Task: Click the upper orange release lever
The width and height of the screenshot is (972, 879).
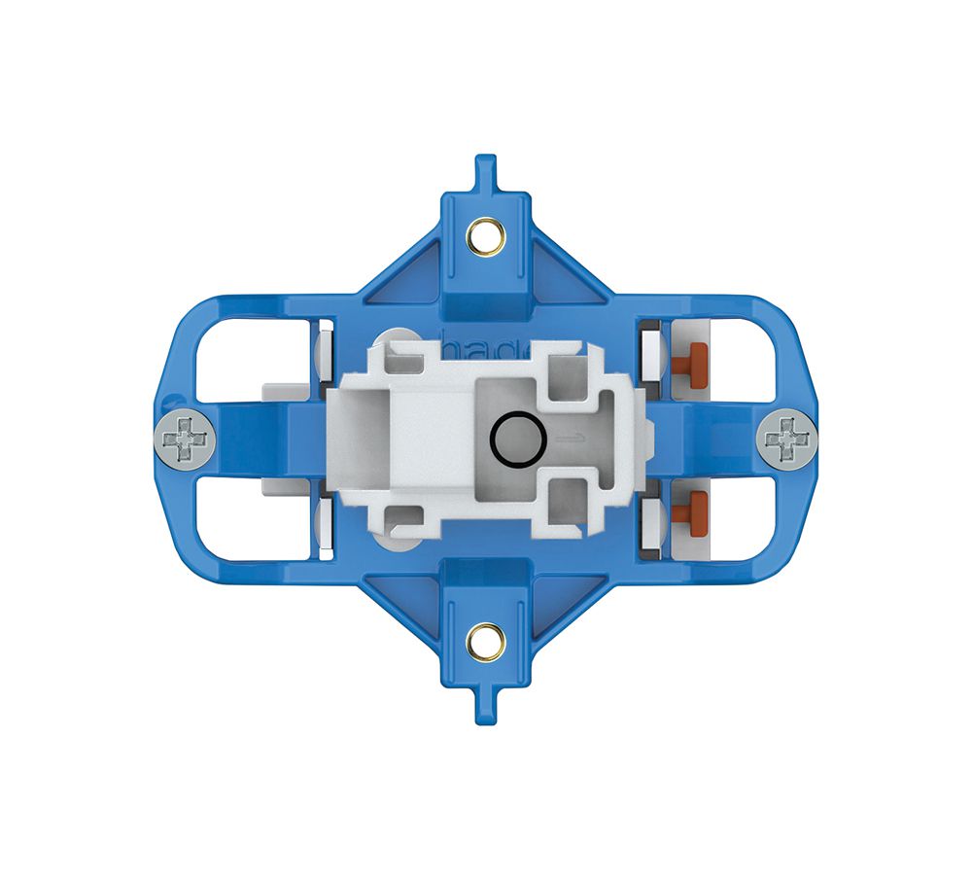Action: (x=693, y=361)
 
